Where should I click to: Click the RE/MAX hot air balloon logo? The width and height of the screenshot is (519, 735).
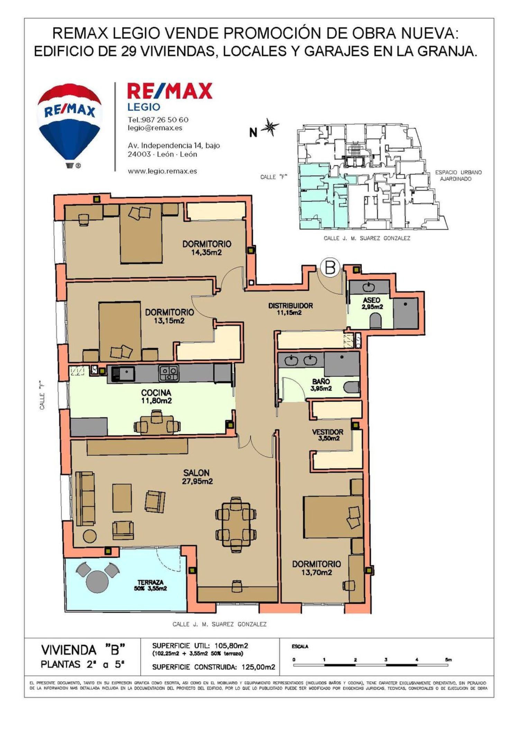70,125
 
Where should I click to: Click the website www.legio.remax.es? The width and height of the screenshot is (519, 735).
162,171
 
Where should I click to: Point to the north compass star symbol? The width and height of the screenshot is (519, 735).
270,127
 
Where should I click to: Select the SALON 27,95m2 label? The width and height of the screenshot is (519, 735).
197,477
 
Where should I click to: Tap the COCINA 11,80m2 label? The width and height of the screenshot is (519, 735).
156,397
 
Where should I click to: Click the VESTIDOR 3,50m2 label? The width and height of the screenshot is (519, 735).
327,435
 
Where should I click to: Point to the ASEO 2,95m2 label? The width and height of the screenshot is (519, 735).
372,303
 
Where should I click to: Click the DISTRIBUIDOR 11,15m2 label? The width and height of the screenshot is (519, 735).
290,309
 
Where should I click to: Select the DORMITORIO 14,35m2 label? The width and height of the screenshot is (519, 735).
207,248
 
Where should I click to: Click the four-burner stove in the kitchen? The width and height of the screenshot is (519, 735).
169,374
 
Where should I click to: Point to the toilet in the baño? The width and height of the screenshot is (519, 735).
353,388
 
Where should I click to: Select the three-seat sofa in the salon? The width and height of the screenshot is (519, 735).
85,499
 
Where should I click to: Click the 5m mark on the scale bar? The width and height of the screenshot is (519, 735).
448,660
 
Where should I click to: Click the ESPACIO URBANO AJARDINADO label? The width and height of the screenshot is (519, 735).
458,176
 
